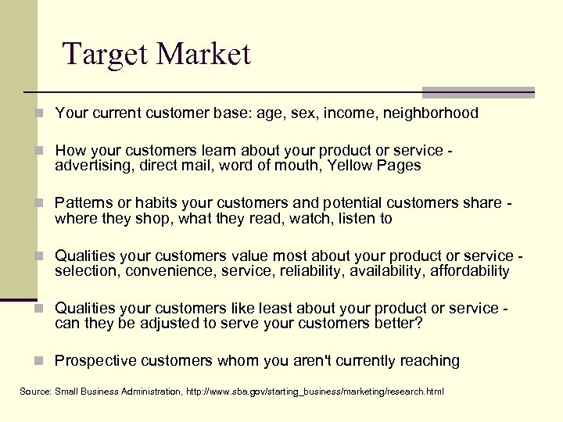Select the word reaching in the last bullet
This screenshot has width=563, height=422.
point(430,361)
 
